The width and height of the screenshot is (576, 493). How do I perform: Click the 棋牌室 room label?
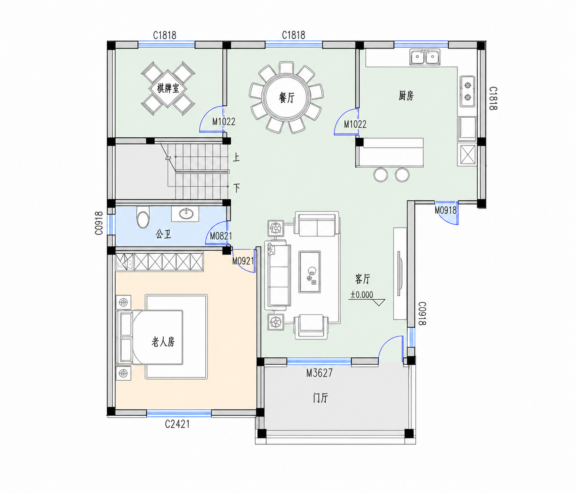click(168, 89)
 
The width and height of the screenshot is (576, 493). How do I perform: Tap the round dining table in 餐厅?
click(287, 97)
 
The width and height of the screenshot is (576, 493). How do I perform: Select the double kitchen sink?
click(425, 57)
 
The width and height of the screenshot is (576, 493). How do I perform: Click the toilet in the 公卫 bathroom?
click(143, 217)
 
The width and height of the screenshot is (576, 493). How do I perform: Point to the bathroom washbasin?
click(185, 214)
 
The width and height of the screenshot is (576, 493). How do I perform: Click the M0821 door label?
click(221, 236)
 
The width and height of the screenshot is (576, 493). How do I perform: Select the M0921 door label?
click(243, 261)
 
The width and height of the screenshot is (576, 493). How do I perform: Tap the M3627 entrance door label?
click(319, 373)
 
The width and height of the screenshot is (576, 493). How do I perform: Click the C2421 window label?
click(177, 424)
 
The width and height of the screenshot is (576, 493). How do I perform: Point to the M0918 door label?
click(446, 210)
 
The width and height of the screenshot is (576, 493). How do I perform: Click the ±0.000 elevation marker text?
click(362, 295)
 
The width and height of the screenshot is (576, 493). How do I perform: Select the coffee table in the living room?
click(309, 272)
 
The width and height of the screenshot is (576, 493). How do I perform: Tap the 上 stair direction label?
click(236, 157)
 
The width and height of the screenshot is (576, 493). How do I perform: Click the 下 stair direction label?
click(237, 188)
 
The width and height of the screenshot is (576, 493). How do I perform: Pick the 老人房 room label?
click(163, 341)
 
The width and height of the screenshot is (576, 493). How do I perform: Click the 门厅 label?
click(321, 398)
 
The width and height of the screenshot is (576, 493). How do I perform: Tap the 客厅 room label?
click(363, 279)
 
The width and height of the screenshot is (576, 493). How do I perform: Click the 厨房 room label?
click(406, 96)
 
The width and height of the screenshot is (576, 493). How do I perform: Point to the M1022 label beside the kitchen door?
click(355, 124)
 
